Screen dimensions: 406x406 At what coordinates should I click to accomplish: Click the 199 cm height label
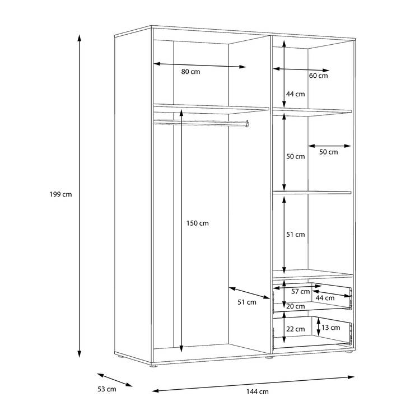pyautogui.click(x=60, y=194)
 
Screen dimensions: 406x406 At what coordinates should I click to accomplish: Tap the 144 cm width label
pyautogui.click(x=258, y=391)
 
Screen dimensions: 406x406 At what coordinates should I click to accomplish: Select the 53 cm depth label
pyautogui.click(x=107, y=389)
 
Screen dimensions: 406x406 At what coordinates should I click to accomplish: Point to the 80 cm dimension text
pyautogui.click(x=190, y=72)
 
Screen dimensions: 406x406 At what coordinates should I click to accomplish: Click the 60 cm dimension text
pyautogui.click(x=319, y=76)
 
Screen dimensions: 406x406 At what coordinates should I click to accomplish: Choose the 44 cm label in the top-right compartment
pyautogui.click(x=296, y=94)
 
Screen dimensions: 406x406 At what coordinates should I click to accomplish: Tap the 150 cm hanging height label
pyautogui.click(x=198, y=223)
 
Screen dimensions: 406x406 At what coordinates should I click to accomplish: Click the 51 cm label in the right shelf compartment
pyautogui.click(x=296, y=235)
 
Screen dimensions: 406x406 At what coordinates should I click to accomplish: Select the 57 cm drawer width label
pyautogui.click(x=300, y=292)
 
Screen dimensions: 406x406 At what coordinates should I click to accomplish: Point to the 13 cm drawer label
pyautogui.click(x=330, y=328)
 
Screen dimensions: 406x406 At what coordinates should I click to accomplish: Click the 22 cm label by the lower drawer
pyautogui.click(x=296, y=329)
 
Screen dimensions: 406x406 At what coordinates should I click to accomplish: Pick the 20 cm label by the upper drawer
pyautogui.click(x=296, y=306)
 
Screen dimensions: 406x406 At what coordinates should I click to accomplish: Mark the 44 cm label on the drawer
pyautogui.click(x=325, y=298)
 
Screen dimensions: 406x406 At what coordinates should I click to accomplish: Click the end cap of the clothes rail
pyautogui.click(x=247, y=124)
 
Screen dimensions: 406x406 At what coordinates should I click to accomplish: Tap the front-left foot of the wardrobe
pyautogui.click(x=154, y=366)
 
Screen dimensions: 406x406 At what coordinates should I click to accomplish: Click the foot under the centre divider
pyautogui.click(x=269, y=358)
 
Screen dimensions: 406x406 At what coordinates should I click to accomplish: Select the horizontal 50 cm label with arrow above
pyautogui.click(x=329, y=152)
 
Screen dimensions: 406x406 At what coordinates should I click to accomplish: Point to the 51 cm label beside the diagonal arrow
pyautogui.click(x=247, y=302)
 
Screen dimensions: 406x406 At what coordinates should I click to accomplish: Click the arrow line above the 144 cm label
pyautogui.click(x=253, y=384)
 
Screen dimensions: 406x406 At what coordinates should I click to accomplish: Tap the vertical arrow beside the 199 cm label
pyautogui.click(x=80, y=196)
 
